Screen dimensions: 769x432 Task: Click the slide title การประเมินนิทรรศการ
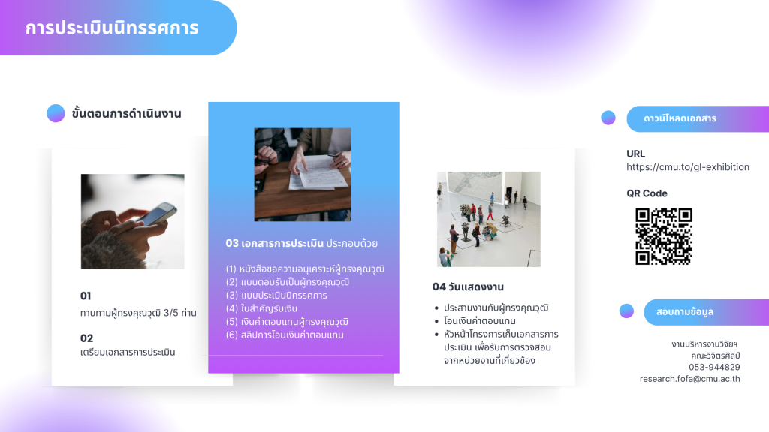(112, 28)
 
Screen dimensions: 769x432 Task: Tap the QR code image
(664, 236)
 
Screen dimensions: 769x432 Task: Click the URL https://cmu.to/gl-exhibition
(688, 167)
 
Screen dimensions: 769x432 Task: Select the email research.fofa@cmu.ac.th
(689, 379)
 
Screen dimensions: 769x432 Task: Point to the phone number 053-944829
(714, 367)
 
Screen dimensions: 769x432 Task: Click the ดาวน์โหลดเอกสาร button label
(680, 118)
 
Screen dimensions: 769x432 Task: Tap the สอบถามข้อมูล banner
(706, 312)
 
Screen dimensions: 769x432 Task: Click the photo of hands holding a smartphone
(132, 221)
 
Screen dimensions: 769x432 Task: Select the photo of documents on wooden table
(303, 174)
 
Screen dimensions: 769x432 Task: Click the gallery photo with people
(488, 219)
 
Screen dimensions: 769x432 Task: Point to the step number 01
(86, 295)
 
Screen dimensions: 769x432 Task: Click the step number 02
(87, 338)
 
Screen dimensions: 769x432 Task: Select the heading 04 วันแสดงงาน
(468, 286)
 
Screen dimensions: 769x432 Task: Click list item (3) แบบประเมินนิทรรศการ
(276, 295)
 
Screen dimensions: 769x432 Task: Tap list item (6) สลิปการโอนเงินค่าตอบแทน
(285, 335)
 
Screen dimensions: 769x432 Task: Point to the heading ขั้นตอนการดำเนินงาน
(126, 114)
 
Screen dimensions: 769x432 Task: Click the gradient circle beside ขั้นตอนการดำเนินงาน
(56, 113)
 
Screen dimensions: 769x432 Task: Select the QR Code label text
(647, 193)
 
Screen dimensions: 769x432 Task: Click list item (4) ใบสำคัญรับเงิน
(261, 308)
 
